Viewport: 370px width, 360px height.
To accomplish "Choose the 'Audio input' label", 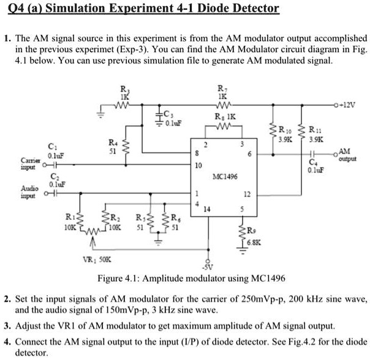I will coord(28,193).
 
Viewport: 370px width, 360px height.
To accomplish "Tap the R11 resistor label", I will coord(318,130).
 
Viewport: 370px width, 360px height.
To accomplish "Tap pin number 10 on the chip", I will coord(197,167).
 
